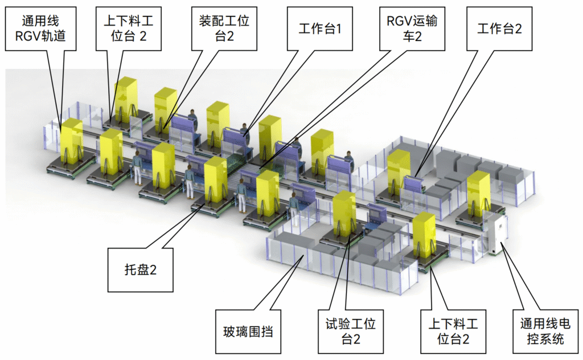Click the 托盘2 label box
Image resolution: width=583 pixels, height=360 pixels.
coord(140,269)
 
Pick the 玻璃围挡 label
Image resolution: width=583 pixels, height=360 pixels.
coord(248,331)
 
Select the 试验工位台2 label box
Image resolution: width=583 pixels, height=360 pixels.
coord(351,332)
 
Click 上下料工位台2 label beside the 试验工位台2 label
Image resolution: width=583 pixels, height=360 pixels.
coord(453,332)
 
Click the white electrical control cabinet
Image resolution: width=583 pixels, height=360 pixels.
coord(496,234)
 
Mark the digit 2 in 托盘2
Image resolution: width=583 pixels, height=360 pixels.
coord(152,270)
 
